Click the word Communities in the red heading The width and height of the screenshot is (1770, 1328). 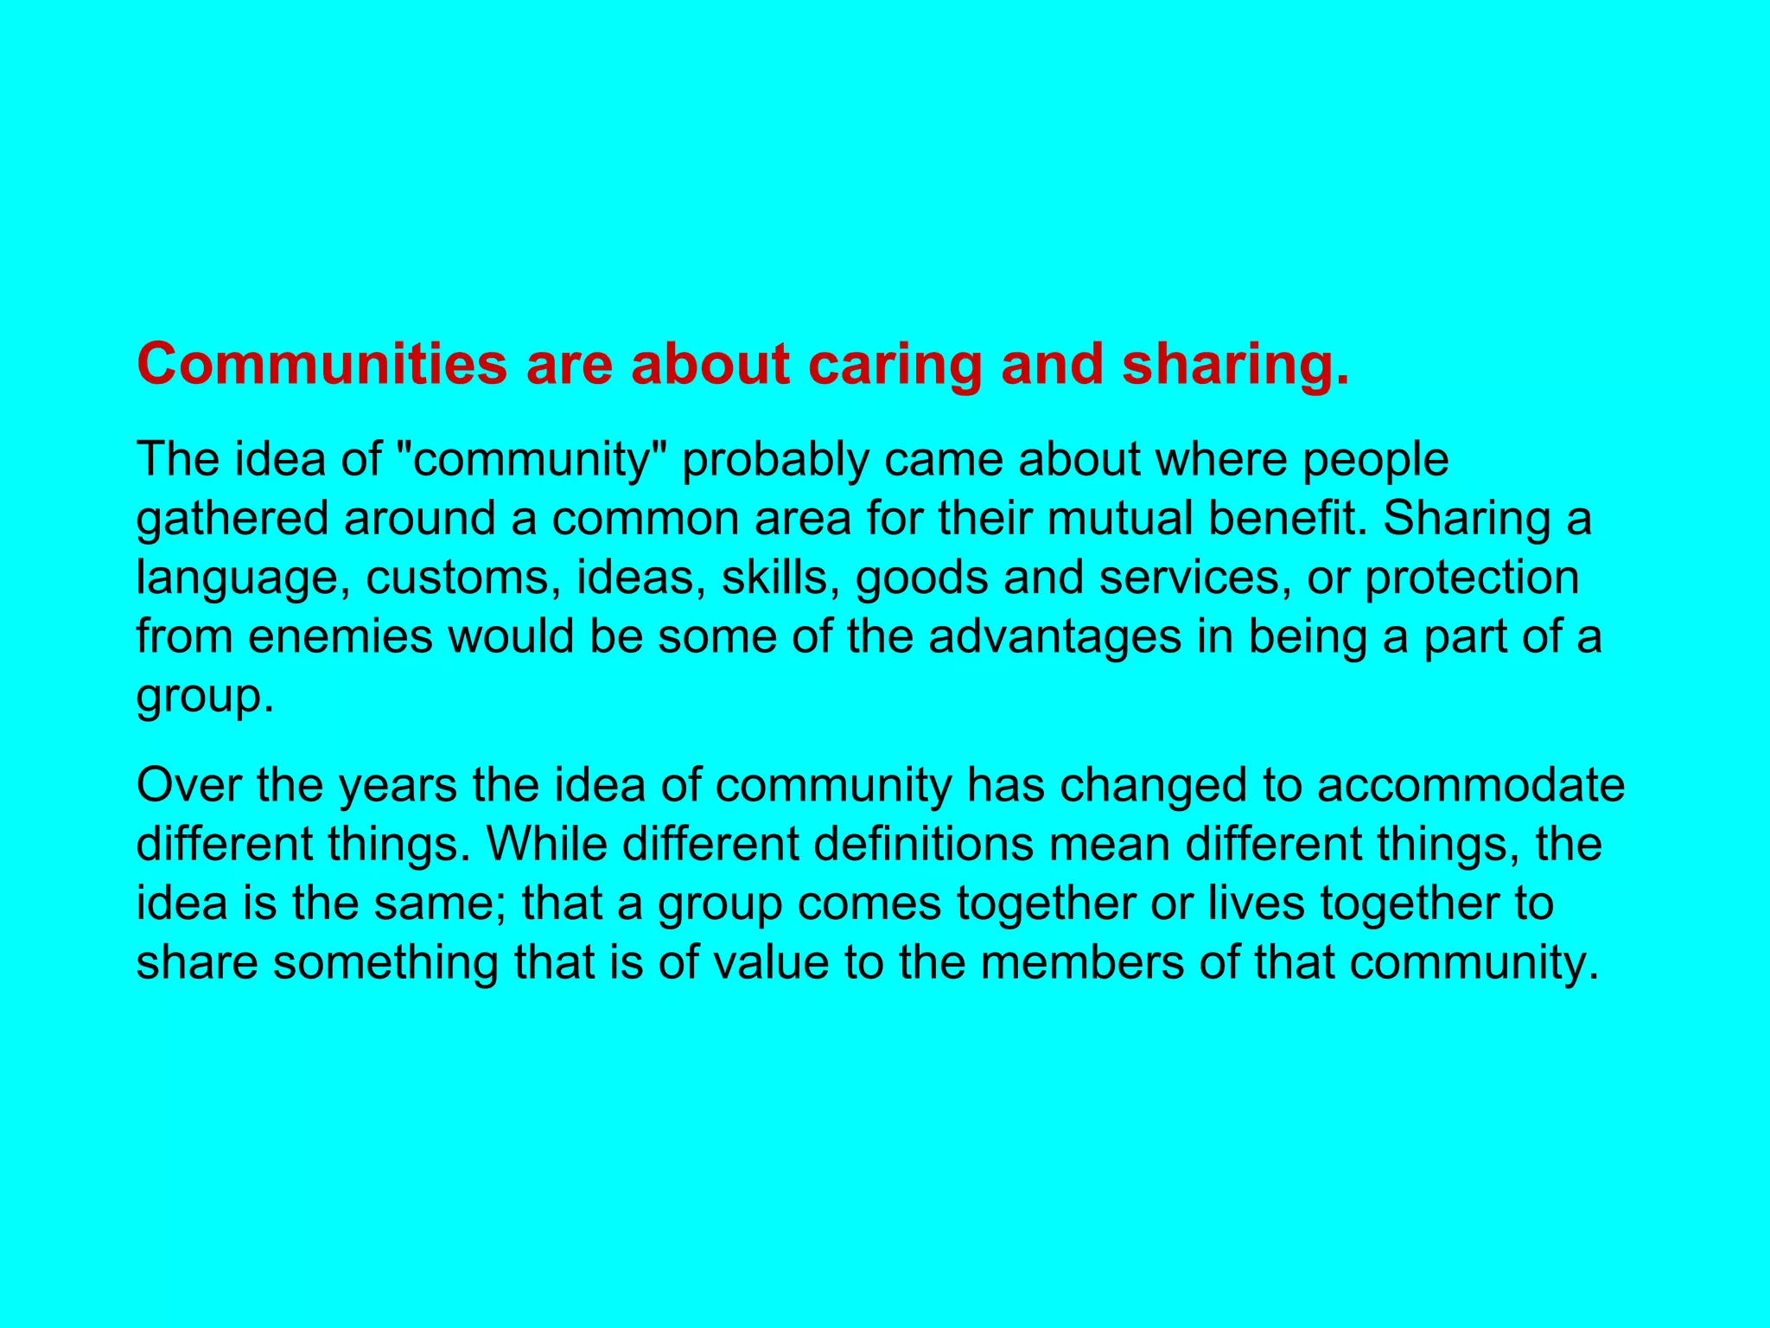coord(322,364)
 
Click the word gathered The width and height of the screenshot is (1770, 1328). coord(232,520)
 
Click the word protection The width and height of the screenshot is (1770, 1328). coord(1472,578)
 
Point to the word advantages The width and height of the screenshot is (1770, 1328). coord(1054,638)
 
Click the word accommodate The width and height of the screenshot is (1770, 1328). coord(1471,785)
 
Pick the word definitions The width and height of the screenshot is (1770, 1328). coord(923,844)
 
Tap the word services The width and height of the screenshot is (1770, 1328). coord(1195,578)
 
